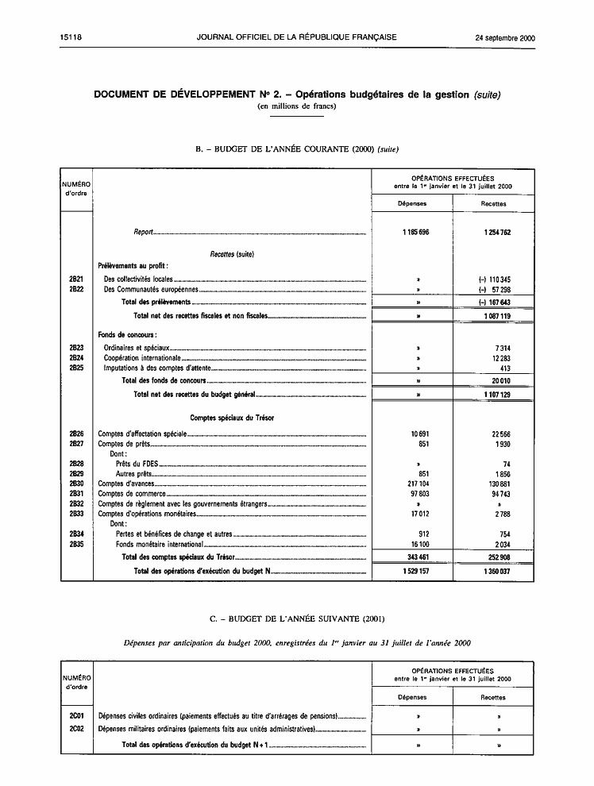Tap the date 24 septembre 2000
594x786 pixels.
pos(505,37)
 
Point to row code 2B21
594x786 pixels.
pos(77,279)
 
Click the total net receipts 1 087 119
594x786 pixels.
pos(495,316)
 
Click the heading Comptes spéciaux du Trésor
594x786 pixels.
pos(233,417)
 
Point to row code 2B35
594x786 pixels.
pos(77,545)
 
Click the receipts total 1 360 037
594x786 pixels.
pos(495,571)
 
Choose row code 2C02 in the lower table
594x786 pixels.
pos(77,728)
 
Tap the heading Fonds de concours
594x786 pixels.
pos(126,335)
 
